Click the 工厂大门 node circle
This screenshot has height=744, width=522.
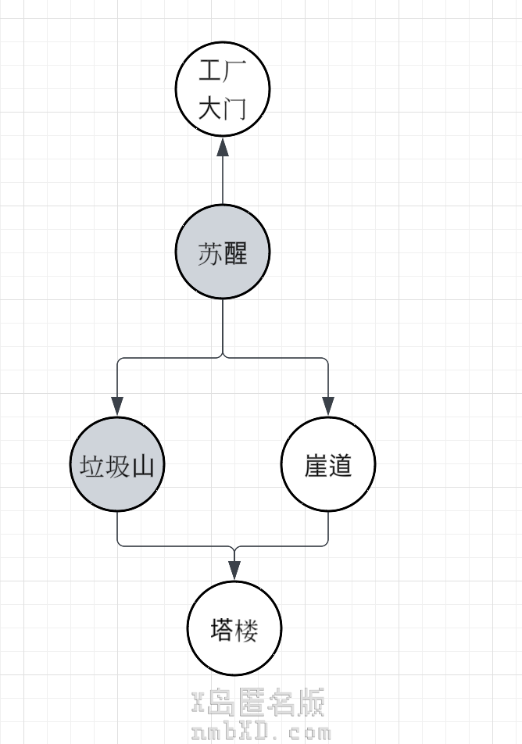tap(223, 88)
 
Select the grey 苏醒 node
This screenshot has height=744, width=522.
tap(223, 252)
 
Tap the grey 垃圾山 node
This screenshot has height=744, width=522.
tap(117, 465)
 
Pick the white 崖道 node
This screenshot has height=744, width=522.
tap(328, 465)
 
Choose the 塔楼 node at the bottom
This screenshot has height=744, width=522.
tap(234, 629)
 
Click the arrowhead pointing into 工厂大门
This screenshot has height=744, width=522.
tap(223, 147)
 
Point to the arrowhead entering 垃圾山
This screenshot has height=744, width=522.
tap(117, 406)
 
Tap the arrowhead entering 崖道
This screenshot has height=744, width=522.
tap(328, 406)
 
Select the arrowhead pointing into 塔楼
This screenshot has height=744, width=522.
tap(234, 570)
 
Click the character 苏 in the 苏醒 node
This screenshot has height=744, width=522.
tap(210, 254)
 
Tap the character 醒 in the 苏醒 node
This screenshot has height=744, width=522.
tap(235, 254)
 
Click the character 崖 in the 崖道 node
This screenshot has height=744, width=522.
tap(316, 467)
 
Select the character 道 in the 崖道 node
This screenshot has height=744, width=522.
tap(341, 467)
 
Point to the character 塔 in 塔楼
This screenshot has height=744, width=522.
tap(222, 630)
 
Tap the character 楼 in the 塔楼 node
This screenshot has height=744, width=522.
tap(247, 630)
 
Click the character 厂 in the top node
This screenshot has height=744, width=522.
tap(235, 71)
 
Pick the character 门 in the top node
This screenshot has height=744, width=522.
tap(235, 108)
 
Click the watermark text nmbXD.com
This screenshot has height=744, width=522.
tap(261, 733)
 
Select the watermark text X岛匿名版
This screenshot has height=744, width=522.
tap(258, 703)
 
